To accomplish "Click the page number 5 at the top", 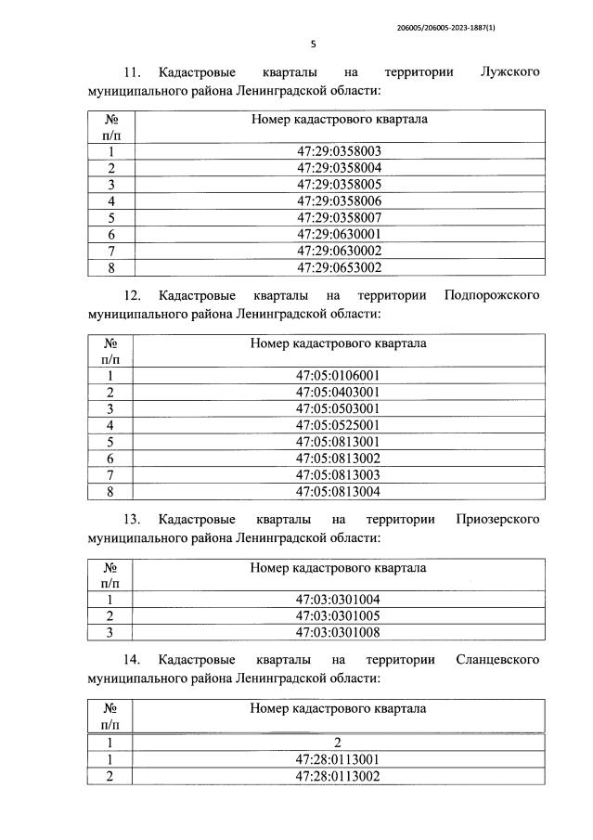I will point(313,44).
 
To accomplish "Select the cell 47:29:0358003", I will point(339,151).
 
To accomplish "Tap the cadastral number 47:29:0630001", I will point(339,235).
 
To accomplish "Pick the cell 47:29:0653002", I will point(339,268).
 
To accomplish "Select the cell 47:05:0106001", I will point(339,375).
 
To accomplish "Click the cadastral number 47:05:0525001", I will point(339,425).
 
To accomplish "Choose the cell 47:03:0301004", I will point(339,599).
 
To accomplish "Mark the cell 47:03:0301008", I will point(339,632).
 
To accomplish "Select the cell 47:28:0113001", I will point(339,760).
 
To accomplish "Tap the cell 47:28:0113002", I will point(339,777).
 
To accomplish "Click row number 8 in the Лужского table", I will point(110,268).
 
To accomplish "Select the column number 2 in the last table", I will point(339,743).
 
